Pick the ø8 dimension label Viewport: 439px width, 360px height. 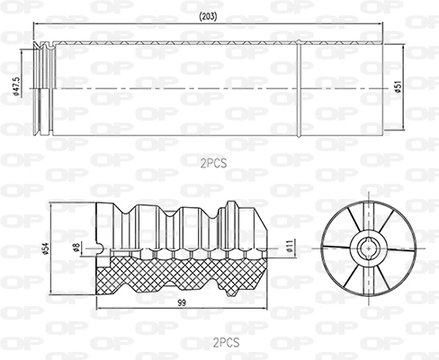click(76, 246)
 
